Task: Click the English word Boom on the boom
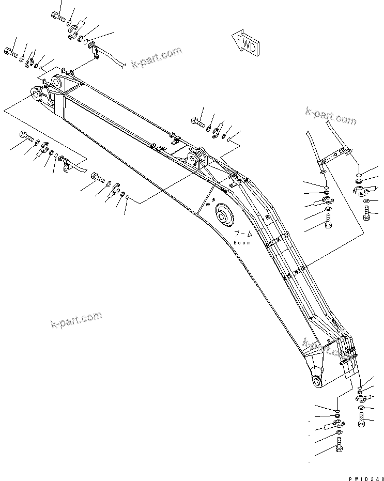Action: click(x=242, y=243)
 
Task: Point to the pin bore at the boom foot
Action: click(x=316, y=381)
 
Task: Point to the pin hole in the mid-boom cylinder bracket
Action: click(x=195, y=154)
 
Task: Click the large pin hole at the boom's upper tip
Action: click(x=56, y=83)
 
